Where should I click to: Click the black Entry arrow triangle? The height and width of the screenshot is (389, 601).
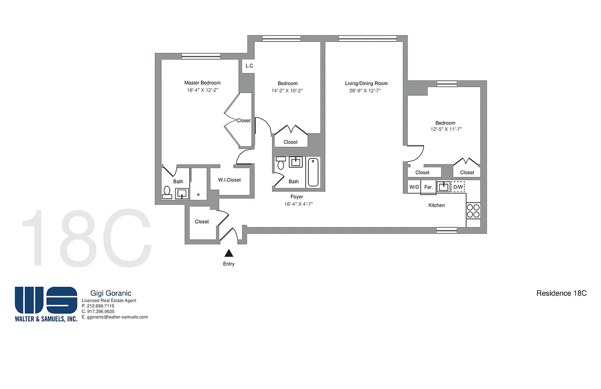pyautogui.click(x=228, y=253)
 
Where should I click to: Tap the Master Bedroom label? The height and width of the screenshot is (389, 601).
pyautogui.click(x=202, y=83)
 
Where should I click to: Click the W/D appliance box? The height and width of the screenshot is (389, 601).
pyautogui.click(x=414, y=187)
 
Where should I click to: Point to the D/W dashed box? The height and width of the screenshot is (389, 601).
pyautogui.click(x=459, y=187)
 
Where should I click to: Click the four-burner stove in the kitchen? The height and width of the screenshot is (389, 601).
pyautogui.click(x=473, y=211)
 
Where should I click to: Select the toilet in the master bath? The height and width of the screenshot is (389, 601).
pyautogui.click(x=167, y=193)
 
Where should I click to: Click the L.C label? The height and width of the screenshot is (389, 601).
pyautogui.click(x=249, y=66)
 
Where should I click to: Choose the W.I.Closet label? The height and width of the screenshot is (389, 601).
pyautogui.click(x=229, y=180)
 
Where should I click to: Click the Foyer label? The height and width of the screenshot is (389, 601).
pyautogui.click(x=297, y=197)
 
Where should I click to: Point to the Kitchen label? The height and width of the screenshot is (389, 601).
pyautogui.click(x=436, y=205)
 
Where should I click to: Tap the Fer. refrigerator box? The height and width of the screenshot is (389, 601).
pyautogui.click(x=428, y=187)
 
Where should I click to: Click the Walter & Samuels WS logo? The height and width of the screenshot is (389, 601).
pyautogui.click(x=46, y=301)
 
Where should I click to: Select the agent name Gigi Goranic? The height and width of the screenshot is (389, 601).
pyautogui.click(x=111, y=293)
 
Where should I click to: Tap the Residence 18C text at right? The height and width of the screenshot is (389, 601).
pyautogui.click(x=561, y=293)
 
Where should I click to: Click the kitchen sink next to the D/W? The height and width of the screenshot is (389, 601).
pyautogui.click(x=443, y=187)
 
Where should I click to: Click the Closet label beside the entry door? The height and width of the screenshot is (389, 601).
pyautogui.click(x=201, y=222)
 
